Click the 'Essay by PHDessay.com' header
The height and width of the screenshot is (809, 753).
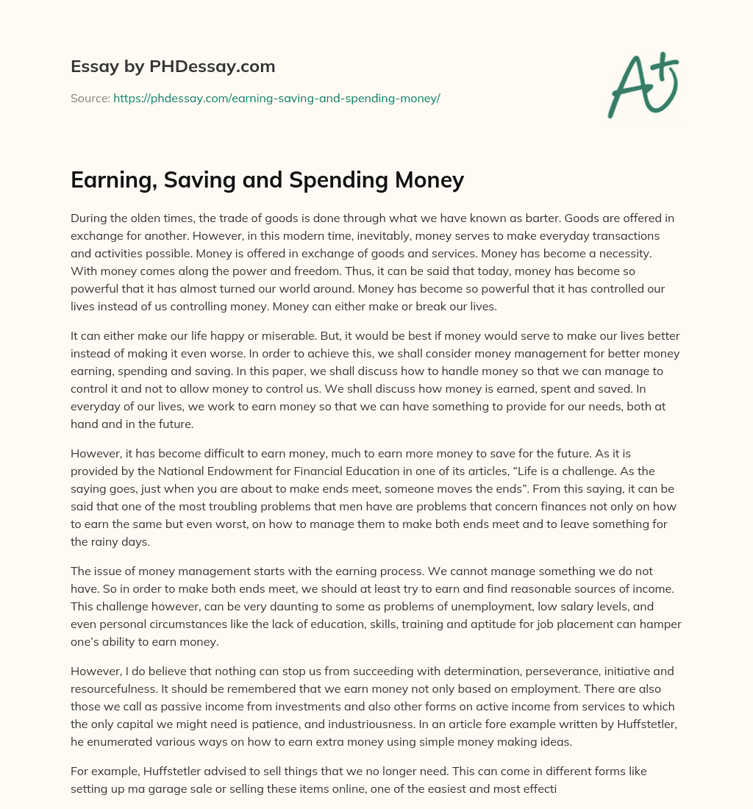point(173,67)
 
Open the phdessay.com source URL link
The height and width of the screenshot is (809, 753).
point(276,98)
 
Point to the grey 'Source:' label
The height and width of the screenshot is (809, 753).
point(90,98)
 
